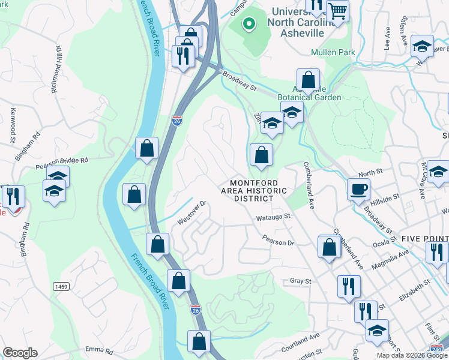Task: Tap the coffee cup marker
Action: [358, 190]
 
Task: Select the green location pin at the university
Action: [247, 25]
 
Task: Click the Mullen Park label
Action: [333, 53]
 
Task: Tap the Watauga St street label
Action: [273, 216]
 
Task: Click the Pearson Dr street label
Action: [278, 243]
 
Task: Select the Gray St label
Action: [301, 280]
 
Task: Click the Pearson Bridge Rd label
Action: [62, 160]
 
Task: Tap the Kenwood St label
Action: [12, 126]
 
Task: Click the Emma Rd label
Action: [100, 349]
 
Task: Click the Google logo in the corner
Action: [20, 353]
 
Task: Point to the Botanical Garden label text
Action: [309, 97]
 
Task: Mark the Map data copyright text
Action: [412, 355]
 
